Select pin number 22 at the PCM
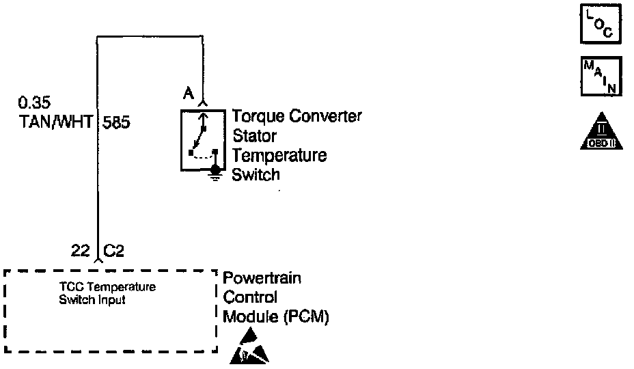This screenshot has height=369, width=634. (81, 251)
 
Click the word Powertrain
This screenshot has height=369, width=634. (262, 278)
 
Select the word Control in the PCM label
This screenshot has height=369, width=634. (250, 298)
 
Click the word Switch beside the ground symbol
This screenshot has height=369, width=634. (256, 174)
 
